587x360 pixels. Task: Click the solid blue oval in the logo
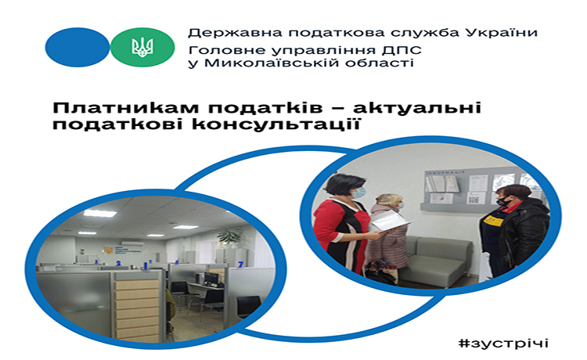[77, 47]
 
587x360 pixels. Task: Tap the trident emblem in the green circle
[142, 48]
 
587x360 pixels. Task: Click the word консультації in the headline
[276, 124]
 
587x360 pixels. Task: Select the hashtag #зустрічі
[503, 343]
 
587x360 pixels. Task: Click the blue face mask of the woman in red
[358, 193]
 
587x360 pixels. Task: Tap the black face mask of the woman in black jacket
[503, 202]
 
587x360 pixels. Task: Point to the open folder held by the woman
[392, 221]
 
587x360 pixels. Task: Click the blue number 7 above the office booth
[241, 265]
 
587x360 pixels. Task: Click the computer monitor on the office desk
[211, 278]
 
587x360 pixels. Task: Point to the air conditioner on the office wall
[132, 243]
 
